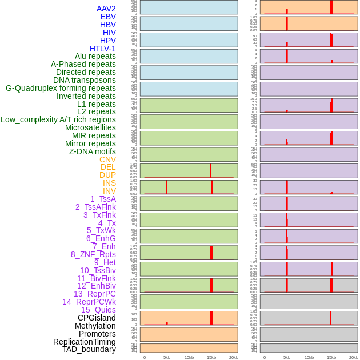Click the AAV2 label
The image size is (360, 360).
click(x=106, y=9)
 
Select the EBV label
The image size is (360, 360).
click(x=108, y=17)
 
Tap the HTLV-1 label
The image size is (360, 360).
click(x=103, y=49)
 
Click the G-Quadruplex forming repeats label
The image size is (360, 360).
click(x=61, y=88)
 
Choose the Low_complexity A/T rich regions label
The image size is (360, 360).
click(x=58, y=119)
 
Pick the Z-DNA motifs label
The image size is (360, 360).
click(x=93, y=151)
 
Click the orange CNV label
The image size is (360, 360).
click(x=107, y=159)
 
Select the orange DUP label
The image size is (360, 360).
click(x=107, y=175)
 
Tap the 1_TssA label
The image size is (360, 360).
click(x=103, y=199)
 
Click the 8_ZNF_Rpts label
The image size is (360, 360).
click(x=93, y=254)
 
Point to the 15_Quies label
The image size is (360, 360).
click(x=98, y=310)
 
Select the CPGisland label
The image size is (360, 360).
click(x=97, y=318)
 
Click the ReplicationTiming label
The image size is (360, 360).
click(x=85, y=342)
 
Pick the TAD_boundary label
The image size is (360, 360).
click(x=89, y=349)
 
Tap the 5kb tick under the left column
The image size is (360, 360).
click(x=167, y=357)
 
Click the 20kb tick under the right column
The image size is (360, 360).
click(x=354, y=357)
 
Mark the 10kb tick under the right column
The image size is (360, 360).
click(x=309, y=357)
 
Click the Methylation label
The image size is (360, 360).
click(x=95, y=326)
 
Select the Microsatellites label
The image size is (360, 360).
click(x=90, y=127)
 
